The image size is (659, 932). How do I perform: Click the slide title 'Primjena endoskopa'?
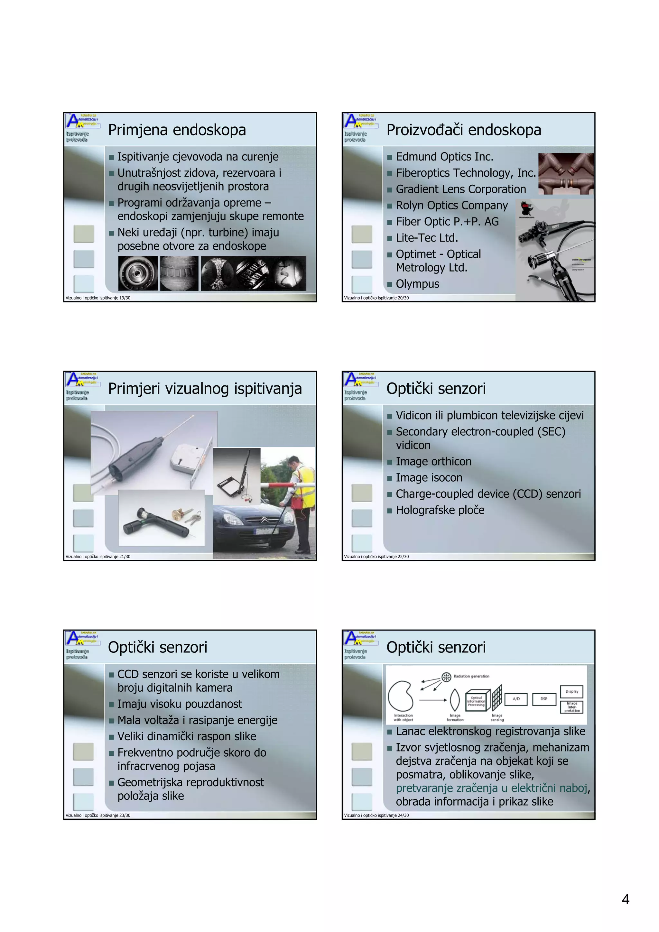click(x=177, y=130)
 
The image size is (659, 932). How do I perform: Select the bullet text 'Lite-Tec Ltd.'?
click(x=427, y=238)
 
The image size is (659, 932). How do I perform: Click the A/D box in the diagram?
click(x=516, y=699)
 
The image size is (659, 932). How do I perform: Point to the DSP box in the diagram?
click(x=544, y=699)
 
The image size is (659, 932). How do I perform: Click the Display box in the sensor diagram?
click(x=572, y=691)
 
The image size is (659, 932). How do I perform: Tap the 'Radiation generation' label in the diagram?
click(x=471, y=676)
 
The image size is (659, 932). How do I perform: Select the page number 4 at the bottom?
click(x=625, y=900)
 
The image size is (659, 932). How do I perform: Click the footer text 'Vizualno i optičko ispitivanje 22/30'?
click(x=376, y=557)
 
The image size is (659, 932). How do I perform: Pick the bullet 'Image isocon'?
click(x=429, y=478)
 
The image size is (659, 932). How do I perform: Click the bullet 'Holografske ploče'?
click(x=440, y=510)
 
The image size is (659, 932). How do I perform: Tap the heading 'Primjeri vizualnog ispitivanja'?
click(x=205, y=389)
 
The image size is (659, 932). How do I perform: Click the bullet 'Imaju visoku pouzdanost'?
click(x=180, y=704)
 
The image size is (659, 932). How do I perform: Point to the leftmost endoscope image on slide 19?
click(x=138, y=273)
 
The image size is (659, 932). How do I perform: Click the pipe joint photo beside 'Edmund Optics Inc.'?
click(x=566, y=174)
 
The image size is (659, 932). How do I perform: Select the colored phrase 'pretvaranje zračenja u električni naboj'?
click(x=491, y=788)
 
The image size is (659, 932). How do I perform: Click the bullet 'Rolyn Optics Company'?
click(x=451, y=205)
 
